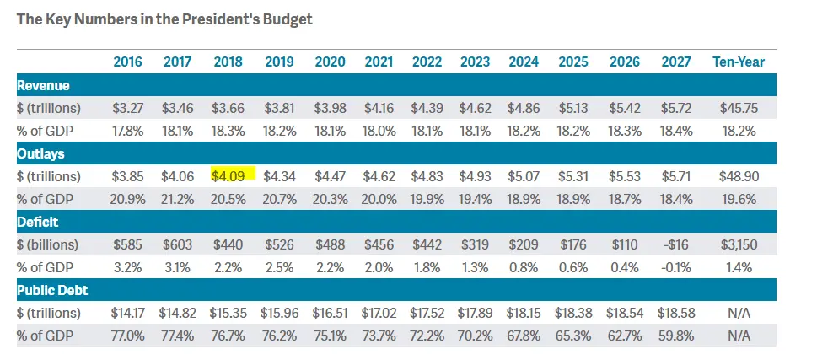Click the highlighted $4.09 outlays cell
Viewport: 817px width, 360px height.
click(228, 176)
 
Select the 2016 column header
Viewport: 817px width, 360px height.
click(127, 62)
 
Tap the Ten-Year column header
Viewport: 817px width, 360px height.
click(739, 62)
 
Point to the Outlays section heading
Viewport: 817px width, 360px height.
click(41, 153)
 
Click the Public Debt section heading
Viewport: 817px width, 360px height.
click(52, 290)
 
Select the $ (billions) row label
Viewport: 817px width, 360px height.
click(49, 244)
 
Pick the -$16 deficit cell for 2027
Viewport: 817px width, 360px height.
click(676, 244)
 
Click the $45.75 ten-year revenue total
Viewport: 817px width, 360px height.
click(739, 108)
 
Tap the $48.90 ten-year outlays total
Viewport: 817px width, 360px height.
click(739, 176)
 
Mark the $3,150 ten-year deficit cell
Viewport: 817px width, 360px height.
click(739, 244)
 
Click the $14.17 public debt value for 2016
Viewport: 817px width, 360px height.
click(127, 313)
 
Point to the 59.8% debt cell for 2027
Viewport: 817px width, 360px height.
click(676, 336)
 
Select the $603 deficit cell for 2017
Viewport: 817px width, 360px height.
click(177, 244)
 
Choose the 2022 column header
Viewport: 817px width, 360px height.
click(427, 62)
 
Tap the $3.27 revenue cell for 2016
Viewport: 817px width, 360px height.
click(127, 108)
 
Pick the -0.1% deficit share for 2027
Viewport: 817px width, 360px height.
click(676, 267)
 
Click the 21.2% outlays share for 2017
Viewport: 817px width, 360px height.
click(177, 199)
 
